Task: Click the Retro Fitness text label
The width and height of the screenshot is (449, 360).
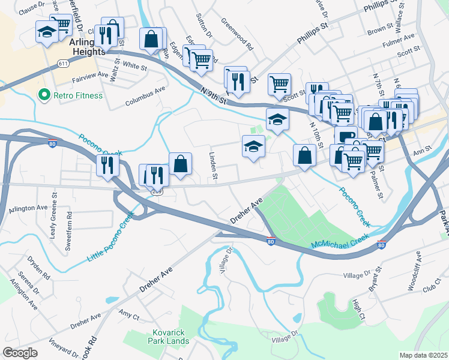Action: (x=78, y=95)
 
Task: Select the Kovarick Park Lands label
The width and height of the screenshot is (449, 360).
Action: (x=169, y=337)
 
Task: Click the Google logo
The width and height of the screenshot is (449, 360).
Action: (x=20, y=353)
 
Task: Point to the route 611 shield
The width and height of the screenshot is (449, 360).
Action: (x=62, y=62)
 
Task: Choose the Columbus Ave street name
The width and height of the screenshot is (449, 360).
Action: (x=145, y=98)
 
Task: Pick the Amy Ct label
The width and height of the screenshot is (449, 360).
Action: (x=129, y=314)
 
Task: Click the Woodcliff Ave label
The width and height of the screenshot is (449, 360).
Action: (x=415, y=271)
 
